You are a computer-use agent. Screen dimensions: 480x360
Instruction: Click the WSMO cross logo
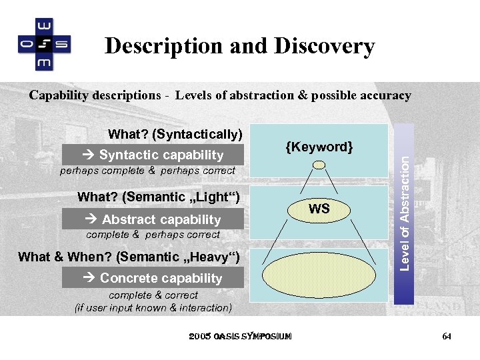44,44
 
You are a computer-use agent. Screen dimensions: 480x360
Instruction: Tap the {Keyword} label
319,146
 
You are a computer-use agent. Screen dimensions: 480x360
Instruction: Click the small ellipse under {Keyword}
320,165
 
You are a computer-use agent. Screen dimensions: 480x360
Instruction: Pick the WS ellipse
319,209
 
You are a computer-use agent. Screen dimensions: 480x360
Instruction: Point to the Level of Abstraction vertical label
404,209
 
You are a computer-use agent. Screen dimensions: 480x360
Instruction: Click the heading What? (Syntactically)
175,134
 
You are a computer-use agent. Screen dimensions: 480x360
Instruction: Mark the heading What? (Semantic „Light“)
158,197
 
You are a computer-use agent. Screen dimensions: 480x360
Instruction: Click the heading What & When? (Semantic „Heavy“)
133,257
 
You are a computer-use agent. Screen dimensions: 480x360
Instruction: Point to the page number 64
447,337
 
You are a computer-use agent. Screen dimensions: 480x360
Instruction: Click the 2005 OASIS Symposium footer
240,337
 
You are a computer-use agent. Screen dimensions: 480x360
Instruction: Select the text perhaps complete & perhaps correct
147,171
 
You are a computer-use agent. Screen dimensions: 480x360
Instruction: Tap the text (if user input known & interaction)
153,307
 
